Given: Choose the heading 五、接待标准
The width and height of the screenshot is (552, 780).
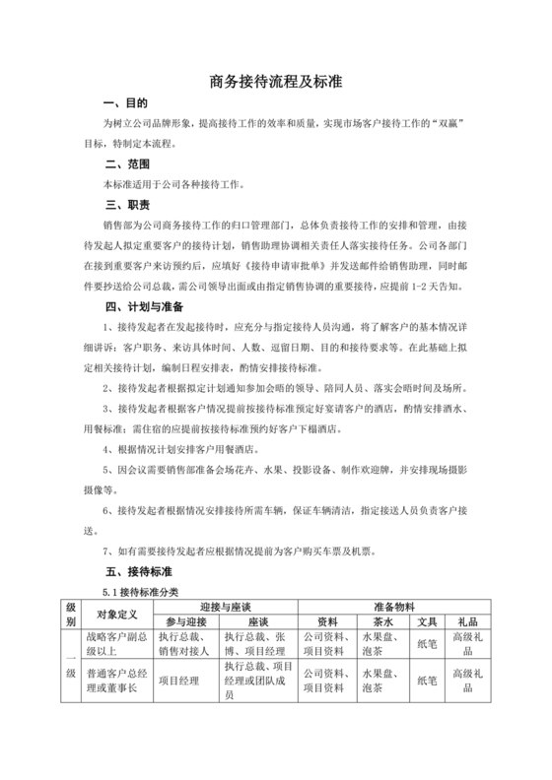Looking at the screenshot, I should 138,571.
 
